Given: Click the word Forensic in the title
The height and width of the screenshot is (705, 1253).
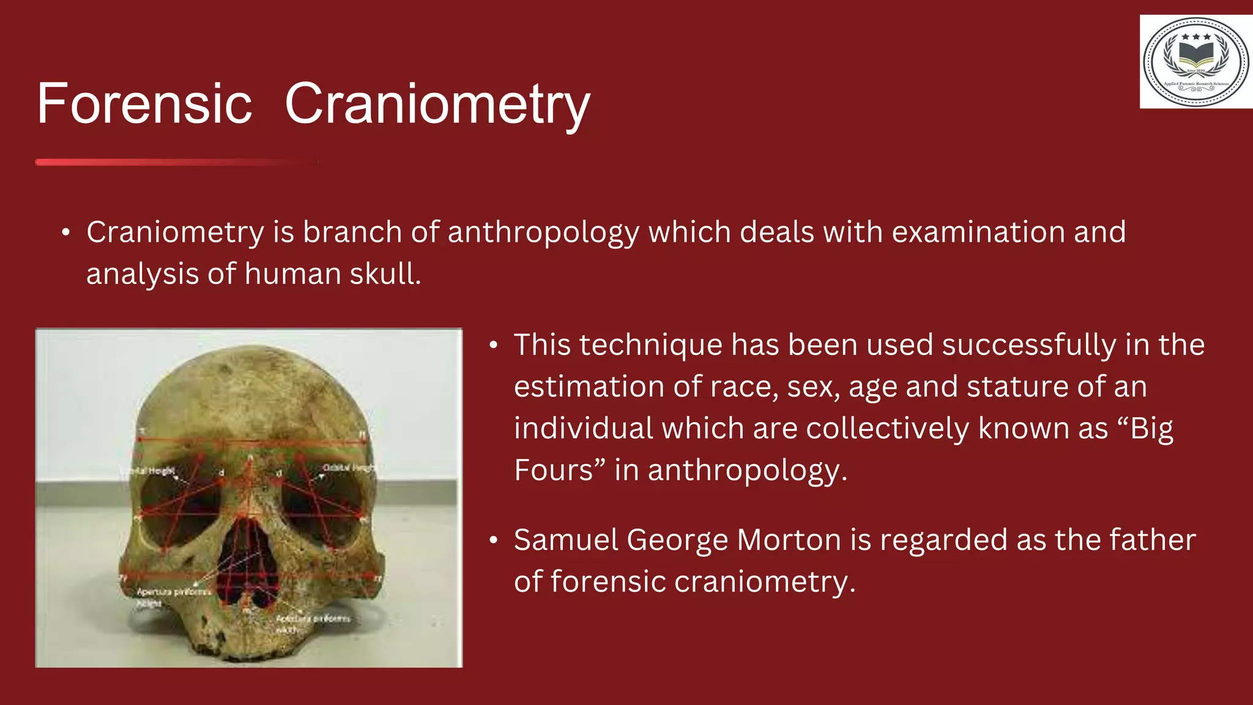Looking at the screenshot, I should pyautogui.click(x=144, y=104).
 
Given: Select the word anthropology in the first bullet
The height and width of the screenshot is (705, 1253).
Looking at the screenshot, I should pyautogui.click(x=543, y=233).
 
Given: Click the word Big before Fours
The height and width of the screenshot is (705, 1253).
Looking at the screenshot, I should pyautogui.click(x=1151, y=428).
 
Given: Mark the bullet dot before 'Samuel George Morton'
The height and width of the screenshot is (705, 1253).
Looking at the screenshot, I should pyautogui.click(x=493, y=541).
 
